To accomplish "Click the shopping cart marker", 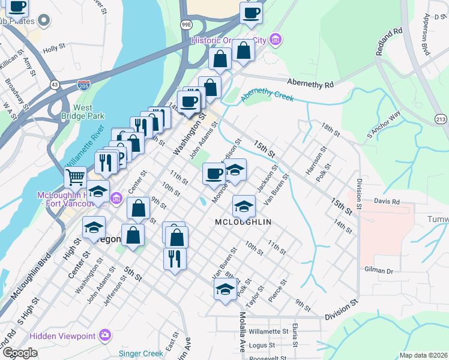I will [75, 177].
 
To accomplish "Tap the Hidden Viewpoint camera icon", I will [106, 334].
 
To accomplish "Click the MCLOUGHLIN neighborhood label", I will [243, 222].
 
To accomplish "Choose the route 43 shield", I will [55, 85].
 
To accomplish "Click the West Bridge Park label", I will [83, 112].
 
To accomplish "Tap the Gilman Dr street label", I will [378, 271].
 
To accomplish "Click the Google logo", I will [20, 353].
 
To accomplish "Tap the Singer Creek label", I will [140, 353].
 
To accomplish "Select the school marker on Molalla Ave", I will [225, 289].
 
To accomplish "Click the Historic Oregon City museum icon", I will [276, 40].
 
